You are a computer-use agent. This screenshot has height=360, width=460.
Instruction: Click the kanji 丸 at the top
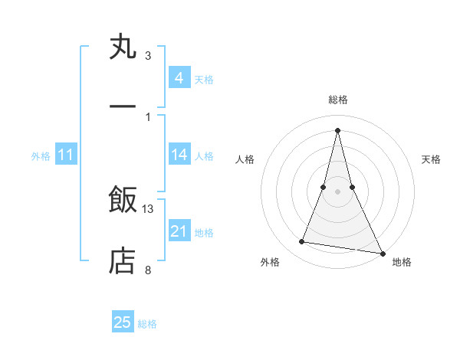pyautogui.click(x=123, y=48)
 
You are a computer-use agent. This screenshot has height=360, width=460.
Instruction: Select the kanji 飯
pyautogui.click(x=123, y=200)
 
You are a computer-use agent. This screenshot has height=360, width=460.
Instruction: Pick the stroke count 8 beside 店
pyautogui.click(x=148, y=269)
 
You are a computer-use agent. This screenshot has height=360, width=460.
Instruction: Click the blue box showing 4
pyautogui.click(x=179, y=77)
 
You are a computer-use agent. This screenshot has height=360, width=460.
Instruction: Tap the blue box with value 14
pyautogui.click(x=179, y=155)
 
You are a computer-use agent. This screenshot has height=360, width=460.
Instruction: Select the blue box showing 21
pyautogui.click(x=179, y=231)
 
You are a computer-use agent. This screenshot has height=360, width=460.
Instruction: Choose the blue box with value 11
pyautogui.click(x=66, y=155)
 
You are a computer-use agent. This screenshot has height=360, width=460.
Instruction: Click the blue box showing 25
pyautogui.click(x=123, y=322)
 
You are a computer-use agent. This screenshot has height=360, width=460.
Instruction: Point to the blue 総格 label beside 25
pyautogui.click(x=147, y=324)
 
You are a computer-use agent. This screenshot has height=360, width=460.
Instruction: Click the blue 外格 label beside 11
pyautogui.click(x=41, y=156)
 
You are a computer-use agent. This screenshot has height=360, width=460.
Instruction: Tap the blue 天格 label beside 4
pyautogui.click(x=204, y=79)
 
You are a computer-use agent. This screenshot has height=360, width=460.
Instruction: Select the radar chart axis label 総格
pyautogui.click(x=338, y=100)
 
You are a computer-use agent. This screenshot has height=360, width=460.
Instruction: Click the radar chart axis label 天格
pyautogui.click(x=431, y=159)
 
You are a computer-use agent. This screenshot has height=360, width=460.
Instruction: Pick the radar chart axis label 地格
pyautogui.click(x=402, y=263)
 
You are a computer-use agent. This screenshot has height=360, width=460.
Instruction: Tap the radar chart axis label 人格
pyautogui.click(x=245, y=159)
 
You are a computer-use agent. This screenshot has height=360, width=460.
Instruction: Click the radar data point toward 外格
pyautogui.click(x=302, y=242)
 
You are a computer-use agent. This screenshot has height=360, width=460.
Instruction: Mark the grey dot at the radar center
pyautogui.click(x=338, y=191)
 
